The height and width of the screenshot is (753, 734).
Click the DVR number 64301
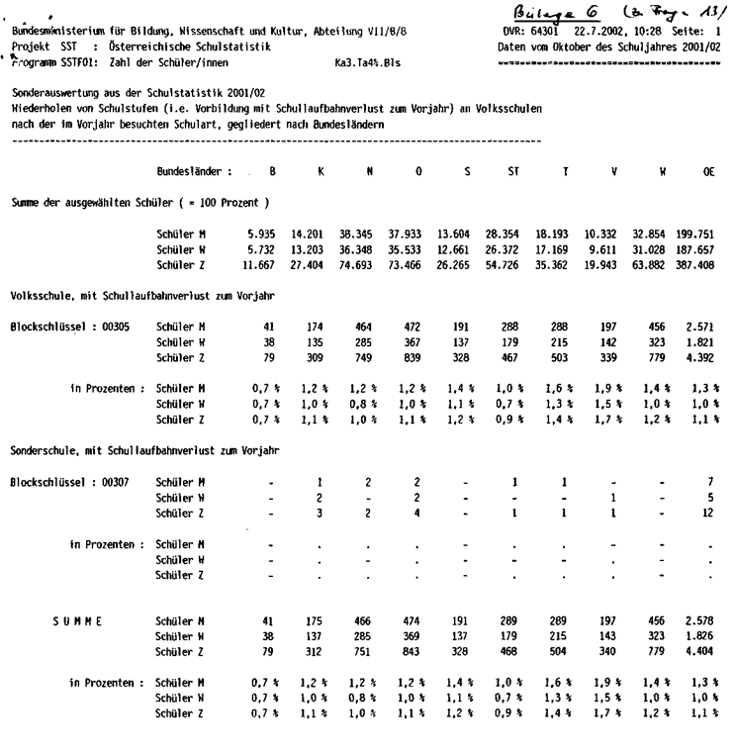(x=552, y=33)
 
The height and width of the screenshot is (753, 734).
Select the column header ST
(x=514, y=171)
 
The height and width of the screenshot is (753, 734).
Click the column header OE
(x=708, y=171)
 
